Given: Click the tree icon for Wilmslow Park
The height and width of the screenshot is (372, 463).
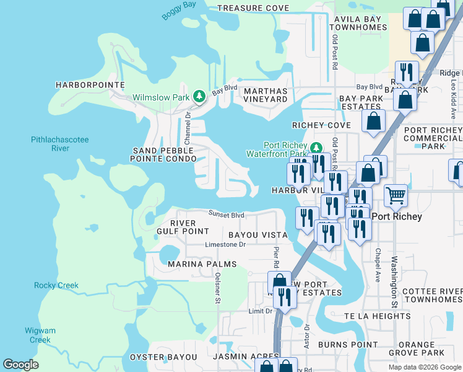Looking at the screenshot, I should click(199, 96).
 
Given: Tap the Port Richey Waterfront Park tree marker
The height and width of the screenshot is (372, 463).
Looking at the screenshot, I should click(316, 148).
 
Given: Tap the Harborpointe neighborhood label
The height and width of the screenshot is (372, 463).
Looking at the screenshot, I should click(90, 84).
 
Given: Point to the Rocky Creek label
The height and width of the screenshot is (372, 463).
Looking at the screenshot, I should click(56, 285).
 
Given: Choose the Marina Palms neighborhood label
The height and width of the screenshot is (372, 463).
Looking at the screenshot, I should click(202, 264).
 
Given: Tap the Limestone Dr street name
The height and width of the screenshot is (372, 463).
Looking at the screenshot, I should click(225, 244).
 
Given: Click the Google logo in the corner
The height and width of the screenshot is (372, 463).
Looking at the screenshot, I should click(21, 365).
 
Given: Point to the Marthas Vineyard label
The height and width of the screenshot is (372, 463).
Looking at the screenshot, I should click(266, 95).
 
